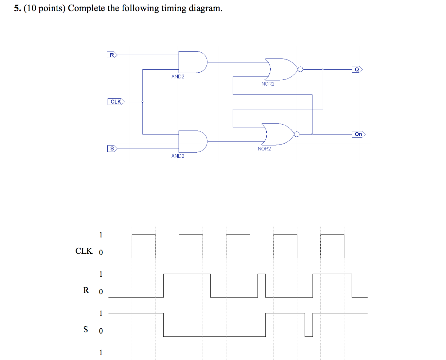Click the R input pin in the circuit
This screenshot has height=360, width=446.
tap(112, 55)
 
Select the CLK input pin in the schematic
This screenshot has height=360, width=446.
tap(116, 102)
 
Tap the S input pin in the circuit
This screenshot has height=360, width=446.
tap(112, 149)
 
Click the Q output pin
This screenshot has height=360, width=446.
tap(357, 69)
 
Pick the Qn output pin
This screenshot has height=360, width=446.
tap(358, 134)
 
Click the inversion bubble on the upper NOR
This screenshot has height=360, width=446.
tap(300, 69)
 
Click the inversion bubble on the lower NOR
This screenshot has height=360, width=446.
tap(297, 134)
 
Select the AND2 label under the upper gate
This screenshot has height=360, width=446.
tap(178, 77)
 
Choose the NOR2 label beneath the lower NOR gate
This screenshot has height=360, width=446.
tap(264, 149)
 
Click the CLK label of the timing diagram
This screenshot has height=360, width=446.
tap(84, 251)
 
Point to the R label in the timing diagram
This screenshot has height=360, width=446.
tap(86, 290)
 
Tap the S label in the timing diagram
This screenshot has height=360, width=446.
tap(86, 329)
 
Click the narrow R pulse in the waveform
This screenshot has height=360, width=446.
tap(261, 285)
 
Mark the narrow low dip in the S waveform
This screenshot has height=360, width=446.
tap(309, 325)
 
